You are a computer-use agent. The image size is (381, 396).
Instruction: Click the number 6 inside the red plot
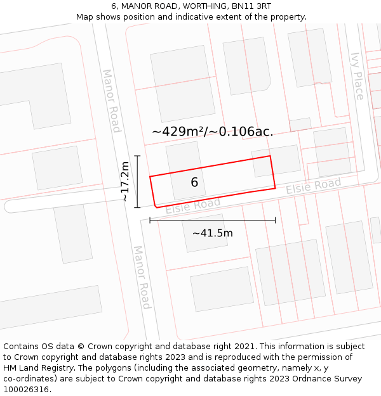[194, 182]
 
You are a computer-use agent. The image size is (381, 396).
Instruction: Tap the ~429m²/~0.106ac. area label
[213, 132]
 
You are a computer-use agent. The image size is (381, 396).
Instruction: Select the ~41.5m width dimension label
[213, 233]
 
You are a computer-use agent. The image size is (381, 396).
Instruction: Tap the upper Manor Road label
[112, 101]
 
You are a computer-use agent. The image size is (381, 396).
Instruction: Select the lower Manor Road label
[142, 278]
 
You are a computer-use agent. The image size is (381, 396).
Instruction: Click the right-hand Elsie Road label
[314, 186]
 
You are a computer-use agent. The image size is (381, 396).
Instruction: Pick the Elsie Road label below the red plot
[193, 205]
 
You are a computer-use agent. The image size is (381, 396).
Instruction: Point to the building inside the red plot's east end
[276, 161]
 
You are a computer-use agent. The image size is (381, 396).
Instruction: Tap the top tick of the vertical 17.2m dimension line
[137, 155]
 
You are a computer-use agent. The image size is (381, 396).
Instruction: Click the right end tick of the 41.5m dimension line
[275, 220]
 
